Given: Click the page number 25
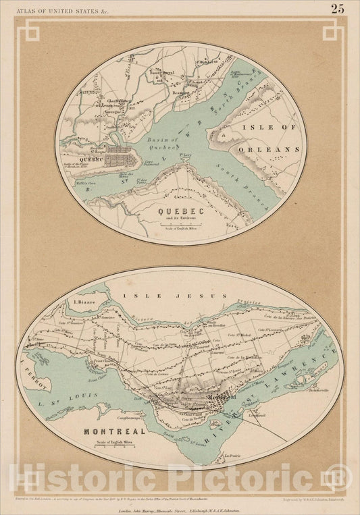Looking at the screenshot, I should pyautogui.click(x=337, y=9).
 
